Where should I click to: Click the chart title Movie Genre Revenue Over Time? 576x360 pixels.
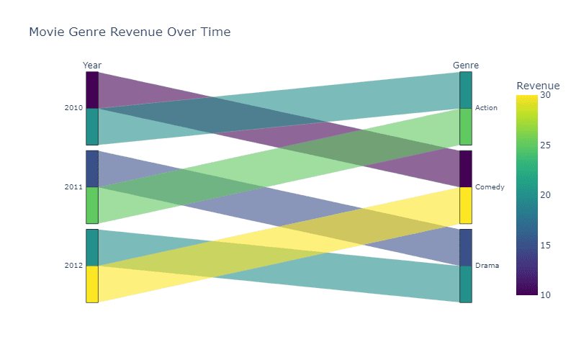tap(130, 32)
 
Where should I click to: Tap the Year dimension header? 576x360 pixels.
tap(92, 66)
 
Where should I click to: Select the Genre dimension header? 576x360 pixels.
tap(465, 66)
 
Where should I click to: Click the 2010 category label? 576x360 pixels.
tap(73, 107)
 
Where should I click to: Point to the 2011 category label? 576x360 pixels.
tap(73, 187)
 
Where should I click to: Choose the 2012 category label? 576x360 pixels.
tap(73, 265)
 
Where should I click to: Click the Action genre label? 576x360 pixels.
tap(486, 107)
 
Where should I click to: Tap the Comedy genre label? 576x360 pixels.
tap(490, 187)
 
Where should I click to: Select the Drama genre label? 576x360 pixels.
tap(487, 265)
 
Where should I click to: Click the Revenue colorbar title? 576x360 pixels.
tap(538, 86)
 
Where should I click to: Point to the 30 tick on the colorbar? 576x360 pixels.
tap(546, 95)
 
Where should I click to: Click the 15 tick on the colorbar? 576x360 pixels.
tap(546, 245)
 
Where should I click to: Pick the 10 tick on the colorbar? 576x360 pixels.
tap(546, 294)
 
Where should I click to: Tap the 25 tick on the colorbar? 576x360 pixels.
tap(546, 145)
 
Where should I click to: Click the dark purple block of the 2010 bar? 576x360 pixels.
tap(92, 90)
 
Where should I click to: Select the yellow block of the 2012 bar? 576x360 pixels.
tap(92, 284)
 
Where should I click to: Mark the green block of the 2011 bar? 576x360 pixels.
tap(92, 205)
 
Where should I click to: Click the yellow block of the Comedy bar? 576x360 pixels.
tap(466, 205)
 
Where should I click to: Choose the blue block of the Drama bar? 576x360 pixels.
tap(466, 248)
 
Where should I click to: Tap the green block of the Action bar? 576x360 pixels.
tap(466, 127)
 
